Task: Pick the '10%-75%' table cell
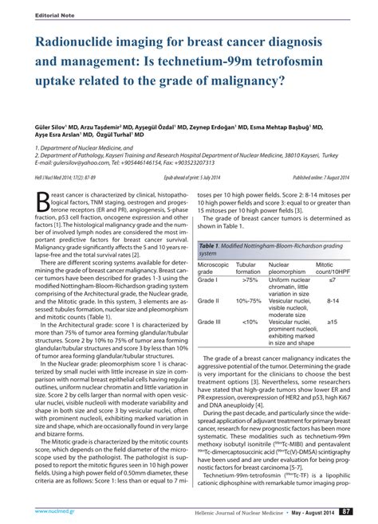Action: pos(249,300)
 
